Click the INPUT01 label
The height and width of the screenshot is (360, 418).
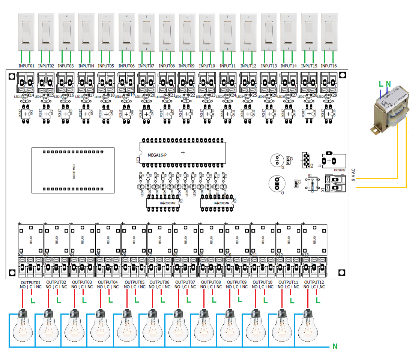pyautogui.click(x=26, y=66)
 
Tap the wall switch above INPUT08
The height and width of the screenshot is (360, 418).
pyautogui.click(x=167, y=32)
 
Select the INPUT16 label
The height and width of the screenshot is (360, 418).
pyautogui.click(x=329, y=66)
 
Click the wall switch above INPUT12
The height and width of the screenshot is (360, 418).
pyautogui.click(x=248, y=32)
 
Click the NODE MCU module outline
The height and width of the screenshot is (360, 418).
pyautogui.click(x=73, y=170)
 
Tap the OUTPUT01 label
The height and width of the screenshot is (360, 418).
pyautogui.click(x=30, y=282)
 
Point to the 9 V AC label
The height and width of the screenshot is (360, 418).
pyautogui.click(x=353, y=175)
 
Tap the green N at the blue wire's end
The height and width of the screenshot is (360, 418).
pyautogui.click(x=335, y=347)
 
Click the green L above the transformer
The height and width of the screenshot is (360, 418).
pyautogui.click(x=381, y=84)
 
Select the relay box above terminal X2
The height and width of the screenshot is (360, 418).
pyautogui.click(x=31, y=238)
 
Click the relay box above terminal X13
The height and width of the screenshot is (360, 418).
pyautogui.click(x=314, y=238)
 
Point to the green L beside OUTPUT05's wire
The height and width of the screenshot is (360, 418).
pyautogui.click(x=136, y=300)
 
